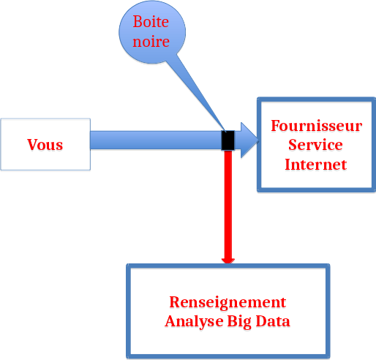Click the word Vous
point(45,145)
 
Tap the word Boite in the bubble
point(151,22)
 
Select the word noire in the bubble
point(151,41)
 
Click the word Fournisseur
point(317,126)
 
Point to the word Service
point(315,145)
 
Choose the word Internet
point(316,164)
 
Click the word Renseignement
point(228,302)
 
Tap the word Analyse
point(194,321)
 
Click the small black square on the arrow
point(228,140)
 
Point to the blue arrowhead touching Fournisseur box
point(249,140)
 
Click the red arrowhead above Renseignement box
point(228,261)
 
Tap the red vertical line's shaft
point(228,204)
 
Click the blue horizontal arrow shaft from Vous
point(156,140)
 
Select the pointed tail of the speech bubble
point(225,131)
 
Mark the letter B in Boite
point(138,22)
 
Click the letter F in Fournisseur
point(276,126)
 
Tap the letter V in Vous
point(32,144)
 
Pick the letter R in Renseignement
point(175,302)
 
